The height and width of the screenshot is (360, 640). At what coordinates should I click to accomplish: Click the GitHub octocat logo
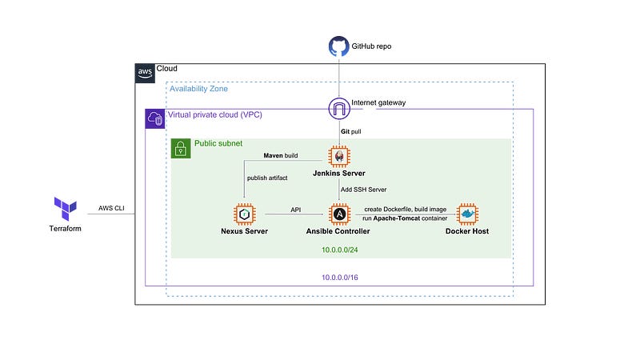coord(339,46)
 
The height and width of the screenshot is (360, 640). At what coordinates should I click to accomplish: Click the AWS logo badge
coord(145,73)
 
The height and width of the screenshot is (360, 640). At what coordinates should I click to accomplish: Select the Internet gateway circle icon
coord(339,108)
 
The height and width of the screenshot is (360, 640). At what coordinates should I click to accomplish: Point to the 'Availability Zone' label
coord(198,89)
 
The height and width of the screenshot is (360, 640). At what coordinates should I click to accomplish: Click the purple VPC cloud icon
coord(154,119)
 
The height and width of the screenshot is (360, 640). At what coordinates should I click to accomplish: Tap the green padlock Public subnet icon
coord(181,148)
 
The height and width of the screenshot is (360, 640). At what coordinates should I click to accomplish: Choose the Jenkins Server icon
coord(339,157)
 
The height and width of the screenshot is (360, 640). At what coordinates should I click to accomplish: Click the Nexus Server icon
coord(243,214)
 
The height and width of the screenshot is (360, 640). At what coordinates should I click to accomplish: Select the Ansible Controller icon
coord(339,214)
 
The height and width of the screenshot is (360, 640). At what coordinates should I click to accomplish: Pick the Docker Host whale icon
coord(466,214)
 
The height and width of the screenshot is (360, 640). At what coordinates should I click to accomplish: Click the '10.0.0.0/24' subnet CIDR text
coord(339,249)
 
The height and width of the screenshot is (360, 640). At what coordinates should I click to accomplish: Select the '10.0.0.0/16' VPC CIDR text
coord(339,276)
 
